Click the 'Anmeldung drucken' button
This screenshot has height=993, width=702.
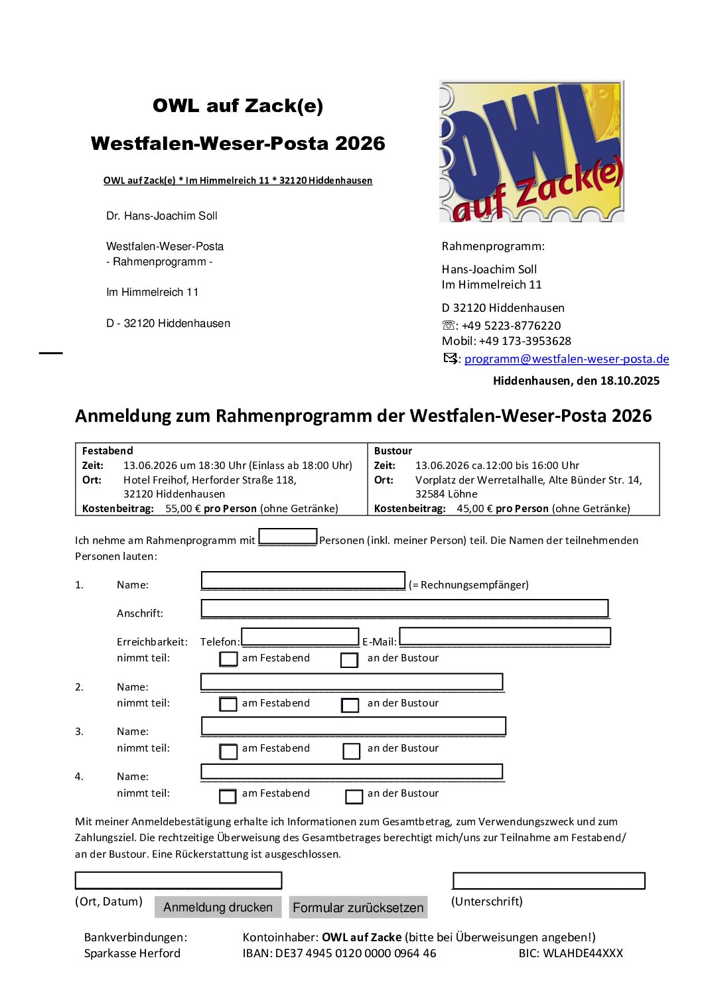coord(218,907)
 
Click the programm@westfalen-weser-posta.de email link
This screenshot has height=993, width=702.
coord(566,359)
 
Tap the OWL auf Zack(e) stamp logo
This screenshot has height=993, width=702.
coord(531,151)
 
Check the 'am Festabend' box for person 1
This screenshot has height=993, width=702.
coord(228,659)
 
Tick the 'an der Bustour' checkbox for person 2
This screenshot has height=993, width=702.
coord(350,704)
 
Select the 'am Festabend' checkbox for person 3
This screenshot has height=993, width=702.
coord(228,750)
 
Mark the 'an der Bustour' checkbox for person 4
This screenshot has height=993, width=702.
coord(354,795)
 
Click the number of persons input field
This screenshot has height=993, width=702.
coord(287,536)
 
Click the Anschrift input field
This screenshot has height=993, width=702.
coord(404,608)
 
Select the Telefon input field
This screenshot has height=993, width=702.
coord(300,637)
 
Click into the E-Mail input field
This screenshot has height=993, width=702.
coord(504,637)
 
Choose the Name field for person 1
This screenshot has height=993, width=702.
coord(303,580)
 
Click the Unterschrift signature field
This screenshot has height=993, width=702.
coord(548,881)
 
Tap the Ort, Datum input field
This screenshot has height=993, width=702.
coord(178,880)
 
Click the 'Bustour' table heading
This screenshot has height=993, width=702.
coord(393,451)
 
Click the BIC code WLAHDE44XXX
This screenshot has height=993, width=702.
coord(583,953)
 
